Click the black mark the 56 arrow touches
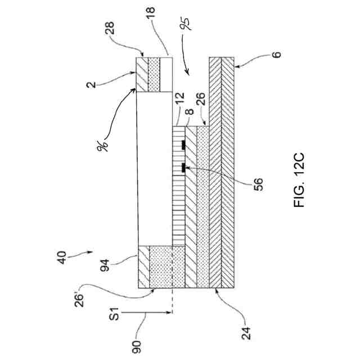pyautogui.click(x=184, y=167)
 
